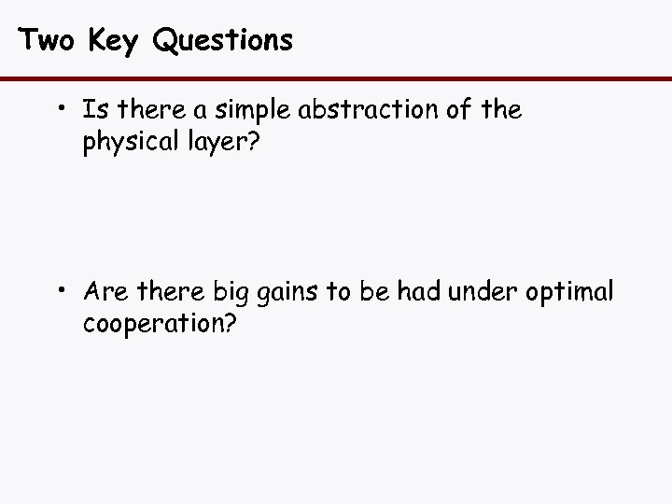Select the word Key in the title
[114, 40]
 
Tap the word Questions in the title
[222, 40]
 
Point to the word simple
[251, 112]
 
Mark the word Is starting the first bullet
[93, 111]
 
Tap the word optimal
[571, 294]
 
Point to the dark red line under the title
[336, 78]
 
